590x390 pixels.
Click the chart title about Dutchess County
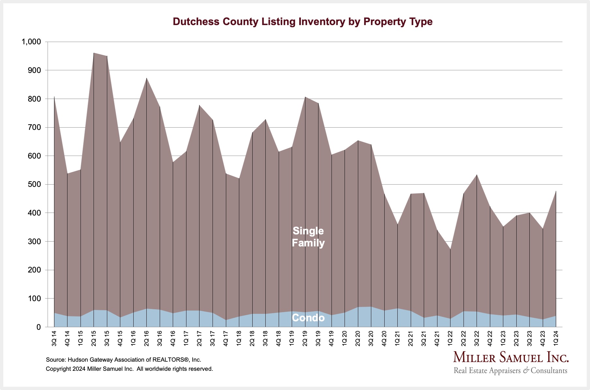(x=302, y=21)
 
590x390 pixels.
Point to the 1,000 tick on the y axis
(x=31, y=42)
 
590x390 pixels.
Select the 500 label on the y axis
(x=34, y=184)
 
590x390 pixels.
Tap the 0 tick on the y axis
(x=39, y=327)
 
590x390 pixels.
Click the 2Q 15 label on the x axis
(x=94, y=339)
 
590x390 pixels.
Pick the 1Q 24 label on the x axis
(x=556, y=339)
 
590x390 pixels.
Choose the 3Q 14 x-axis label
(x=54, y=339)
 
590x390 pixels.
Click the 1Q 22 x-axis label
(x=450, y=339)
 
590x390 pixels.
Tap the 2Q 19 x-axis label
(x=305, y=339)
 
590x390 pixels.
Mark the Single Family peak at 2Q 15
(x=94, y=53)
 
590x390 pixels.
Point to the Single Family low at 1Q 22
(x=450, y=249)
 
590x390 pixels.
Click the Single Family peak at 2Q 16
(x=147, y=78)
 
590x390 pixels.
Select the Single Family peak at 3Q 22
(x=477, y=175)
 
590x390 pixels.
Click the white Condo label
(x=308, y=318)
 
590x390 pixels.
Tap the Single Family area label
(x=308, y=237)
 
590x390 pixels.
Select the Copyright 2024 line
(x=129, y=369)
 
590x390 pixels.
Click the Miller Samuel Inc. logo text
(x=511, y=357)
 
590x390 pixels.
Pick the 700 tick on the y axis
(x=34, y=127)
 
